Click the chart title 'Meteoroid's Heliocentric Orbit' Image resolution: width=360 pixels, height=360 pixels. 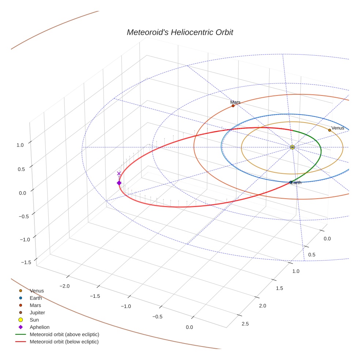coord(180,32)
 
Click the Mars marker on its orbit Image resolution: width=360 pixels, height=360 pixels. coord(233,106)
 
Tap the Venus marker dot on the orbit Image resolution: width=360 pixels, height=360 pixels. coord(330,130)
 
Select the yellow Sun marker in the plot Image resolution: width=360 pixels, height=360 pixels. coord(292,147)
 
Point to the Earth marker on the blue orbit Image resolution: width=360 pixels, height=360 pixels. coord(291,182)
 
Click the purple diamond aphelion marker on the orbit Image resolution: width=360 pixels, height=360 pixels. coord(119,183)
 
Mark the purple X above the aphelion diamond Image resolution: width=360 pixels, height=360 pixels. coord(119,173)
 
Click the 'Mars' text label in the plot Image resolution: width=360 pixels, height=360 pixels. coord(235,102)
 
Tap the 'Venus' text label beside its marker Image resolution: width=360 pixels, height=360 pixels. coord(338,128)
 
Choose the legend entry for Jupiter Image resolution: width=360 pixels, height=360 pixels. coord(37,313)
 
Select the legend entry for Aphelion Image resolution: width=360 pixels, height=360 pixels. coord(40,327)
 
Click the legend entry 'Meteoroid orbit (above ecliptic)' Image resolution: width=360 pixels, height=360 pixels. coord(64,334)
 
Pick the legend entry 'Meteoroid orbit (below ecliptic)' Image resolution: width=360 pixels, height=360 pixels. coord(64,342)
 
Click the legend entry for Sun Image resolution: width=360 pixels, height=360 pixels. coord(34,320)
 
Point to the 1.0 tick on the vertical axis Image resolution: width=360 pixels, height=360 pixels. coord(20,145)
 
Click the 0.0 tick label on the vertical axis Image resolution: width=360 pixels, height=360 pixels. coord(22,193)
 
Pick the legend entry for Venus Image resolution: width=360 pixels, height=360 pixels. coord(37,291)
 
